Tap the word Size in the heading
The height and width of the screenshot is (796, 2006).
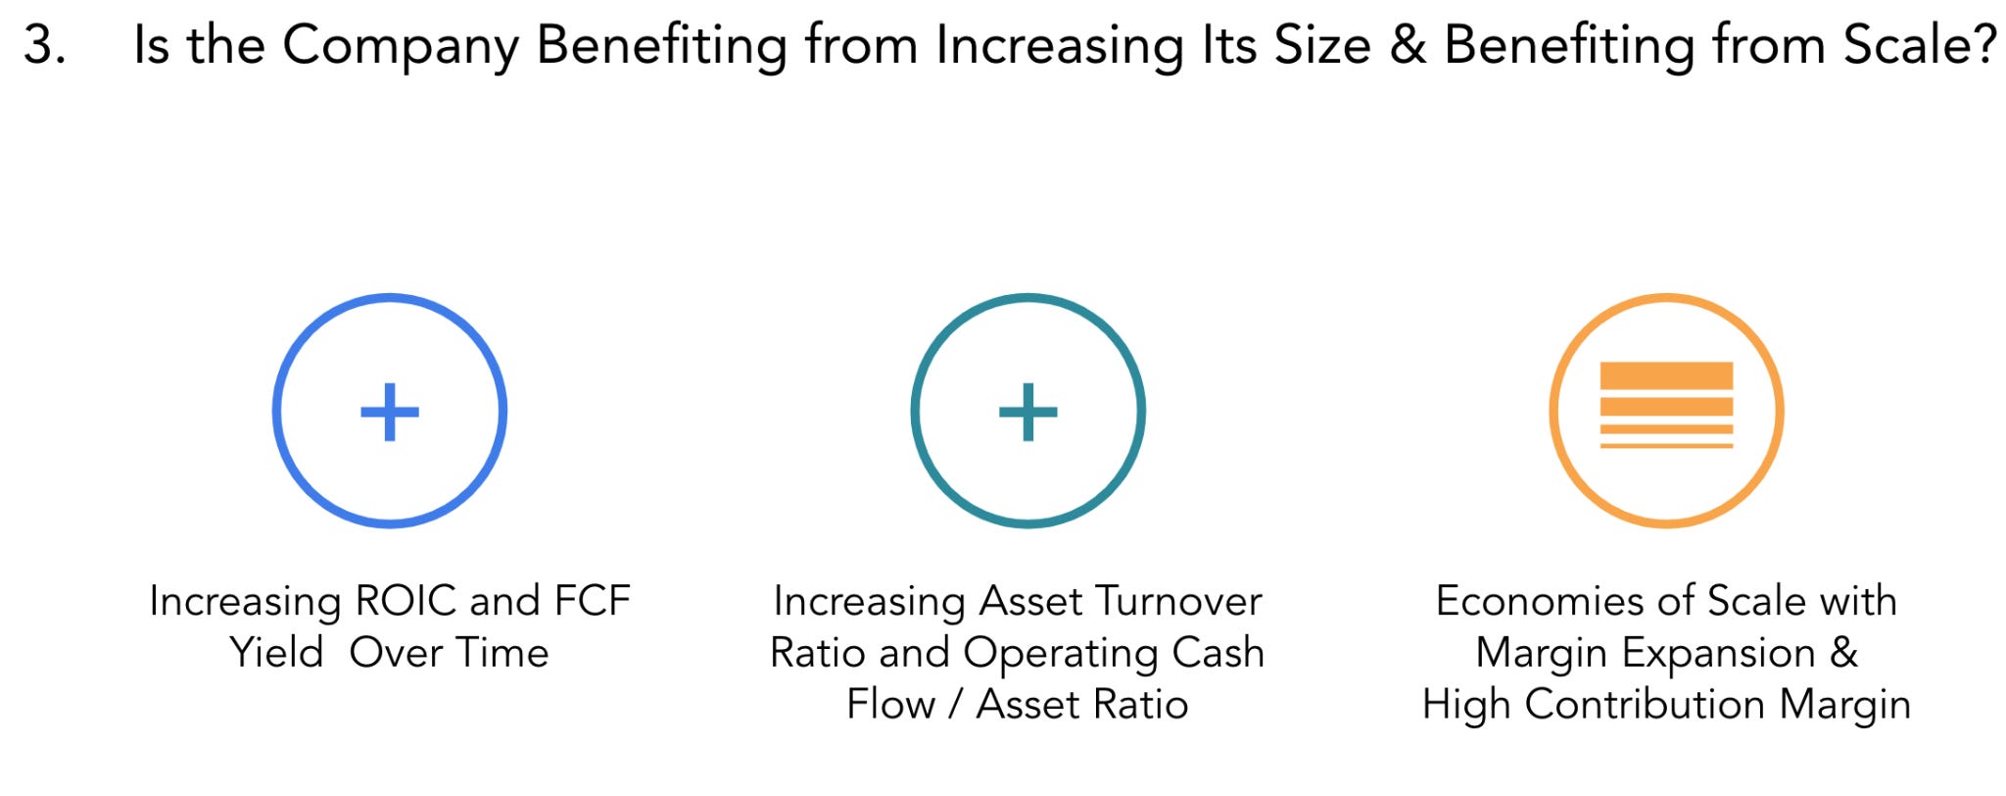click(x=1321, y=46)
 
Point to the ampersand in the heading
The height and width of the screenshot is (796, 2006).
click(x=1408, y=46)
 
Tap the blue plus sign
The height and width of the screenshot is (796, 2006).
click(x=390, y=412)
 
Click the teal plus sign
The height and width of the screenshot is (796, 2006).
click(x=1027, y=412)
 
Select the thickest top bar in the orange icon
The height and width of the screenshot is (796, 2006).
click(x=1666, y=375)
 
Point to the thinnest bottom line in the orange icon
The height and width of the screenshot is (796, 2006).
click(x=1666, y=446)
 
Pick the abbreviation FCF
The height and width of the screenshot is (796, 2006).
click(x=593, y=601)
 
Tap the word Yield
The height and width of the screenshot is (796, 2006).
click(x=276, y=653)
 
